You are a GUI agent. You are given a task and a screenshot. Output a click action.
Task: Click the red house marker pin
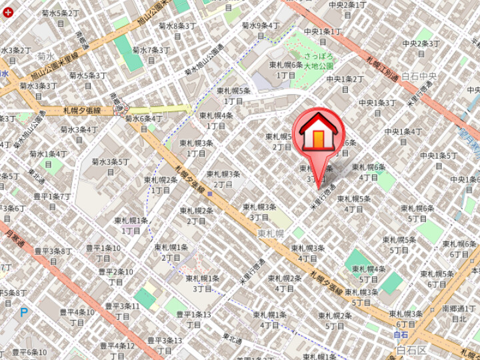click(x=319, y=133)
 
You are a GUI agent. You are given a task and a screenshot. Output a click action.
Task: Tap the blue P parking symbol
click(x=24, y=311)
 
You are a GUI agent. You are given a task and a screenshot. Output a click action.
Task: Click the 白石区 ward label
click(x=411, y=349)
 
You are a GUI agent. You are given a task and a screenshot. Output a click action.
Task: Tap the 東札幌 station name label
click(x=271, y=233)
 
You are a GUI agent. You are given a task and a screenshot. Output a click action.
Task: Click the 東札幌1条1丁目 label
click(x=131, y=225)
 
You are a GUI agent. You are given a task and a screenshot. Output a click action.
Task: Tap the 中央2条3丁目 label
click(x=421, y=48)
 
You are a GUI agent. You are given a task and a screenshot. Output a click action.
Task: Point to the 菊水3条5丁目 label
click(x=110, y=165)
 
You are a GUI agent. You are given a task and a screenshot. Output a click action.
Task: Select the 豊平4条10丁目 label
click(x=77, y=317)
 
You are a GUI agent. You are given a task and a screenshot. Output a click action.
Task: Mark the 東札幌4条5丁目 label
click(x=369, y=273)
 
